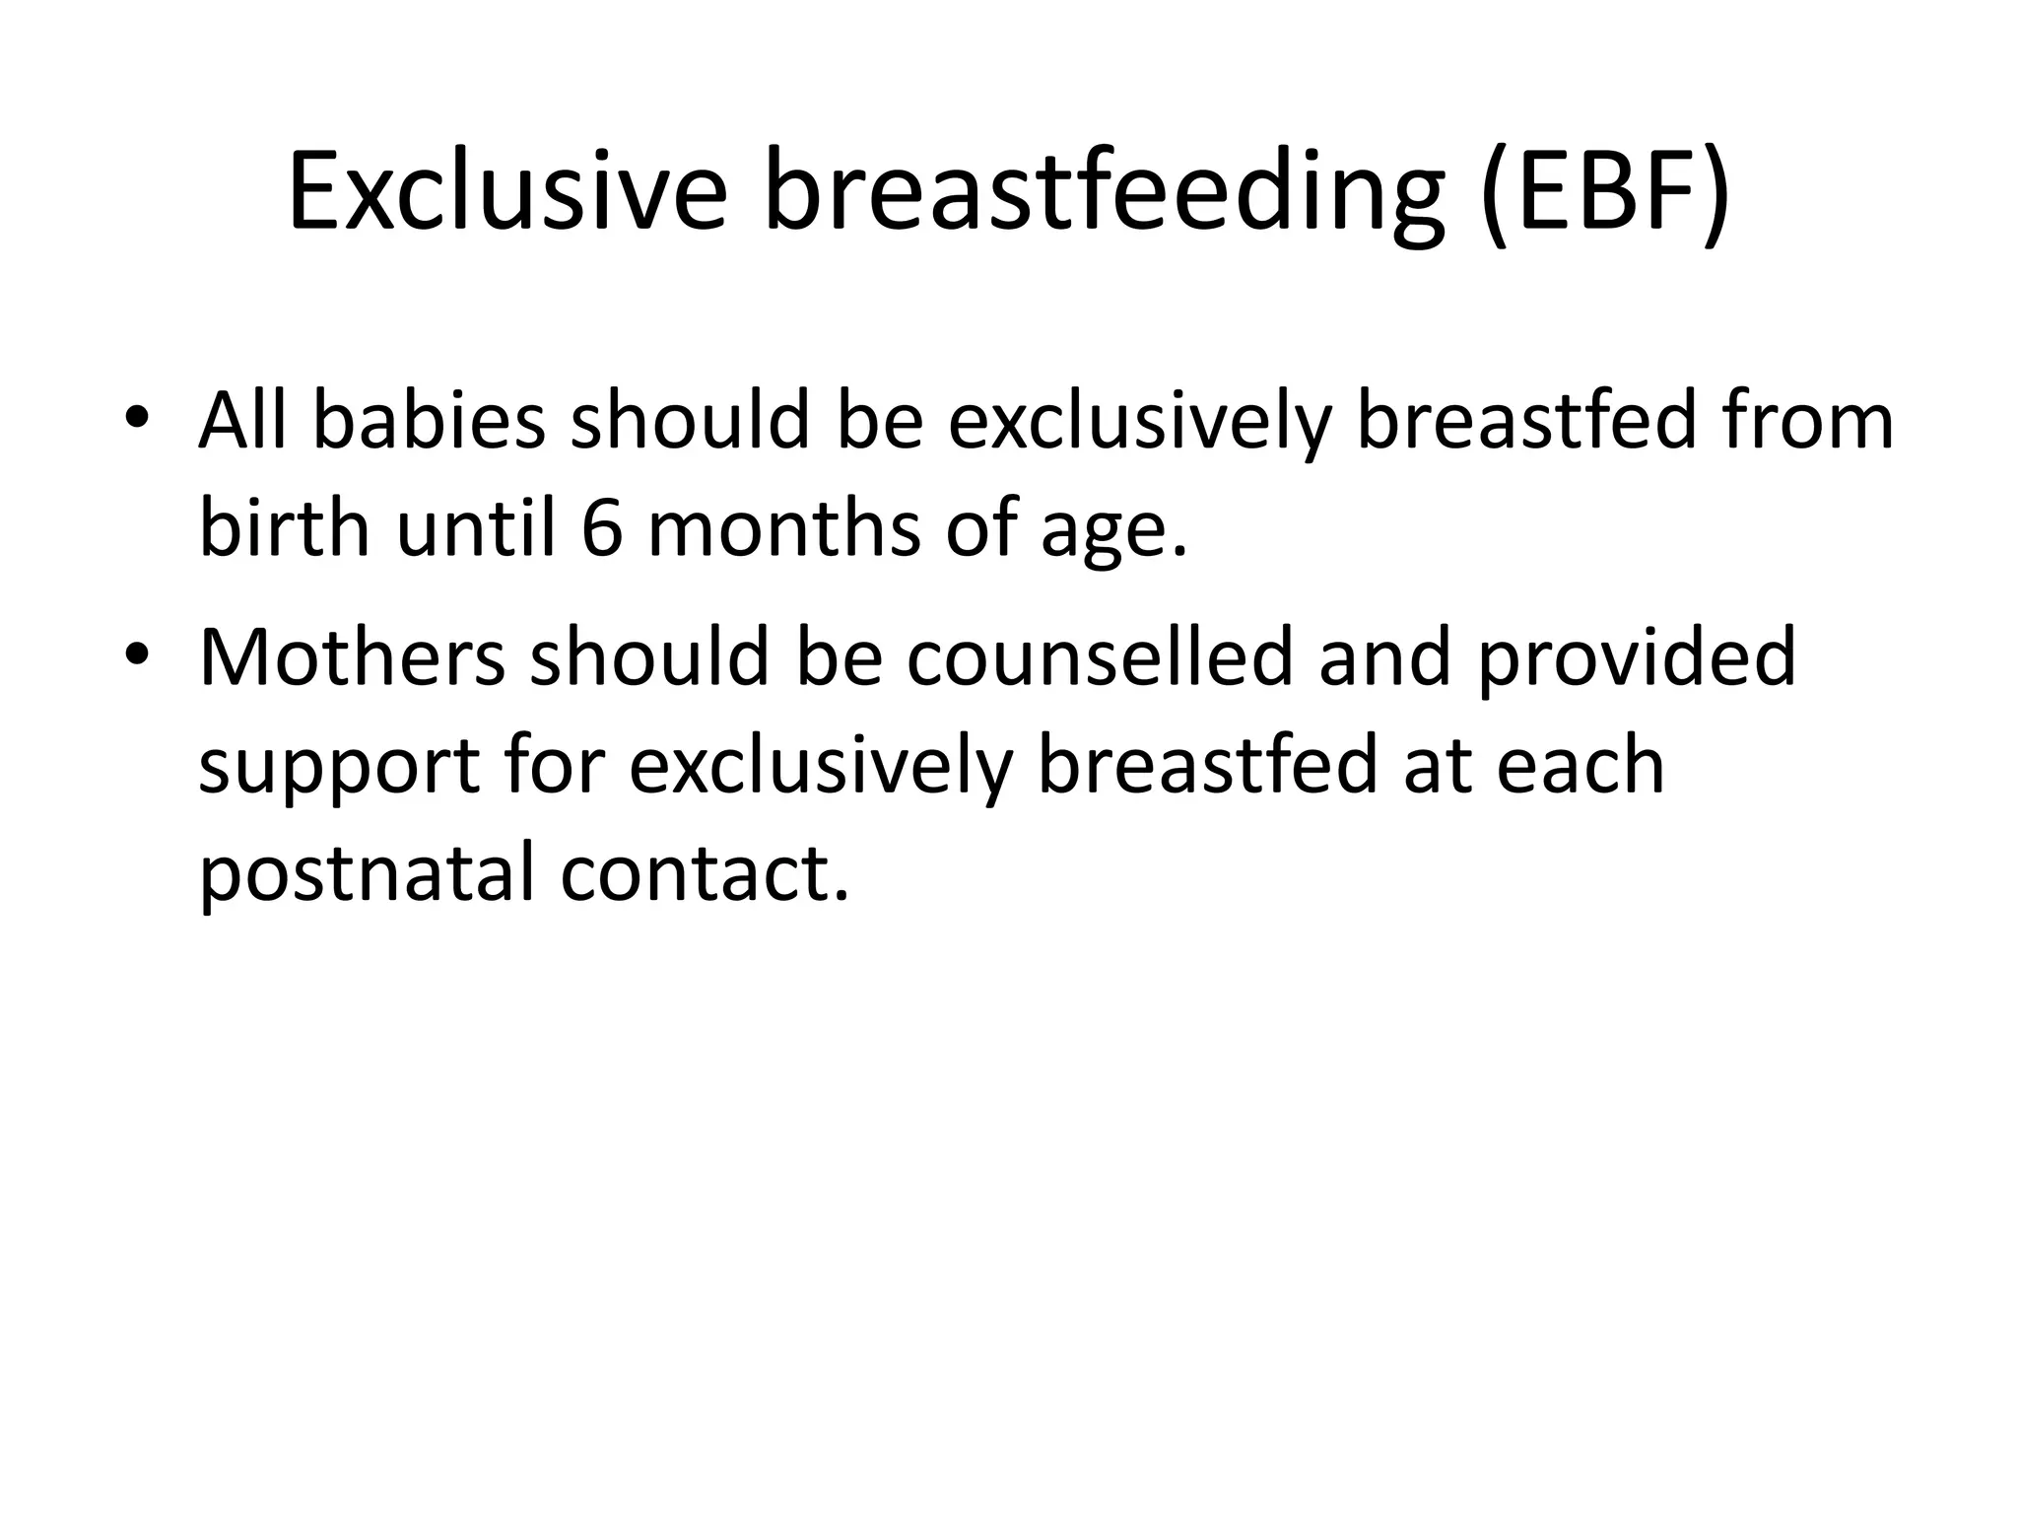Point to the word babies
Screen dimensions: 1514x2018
tap(429, 421)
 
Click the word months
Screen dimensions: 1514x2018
tap(784, 529)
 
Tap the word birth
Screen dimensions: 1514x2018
tap(284, 529)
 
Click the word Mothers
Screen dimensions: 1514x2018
tap(352, 657)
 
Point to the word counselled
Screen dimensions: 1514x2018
tap(1099, 657)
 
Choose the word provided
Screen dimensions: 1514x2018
tap(1636, 657)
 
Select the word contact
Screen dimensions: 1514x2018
tap(704, 875)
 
